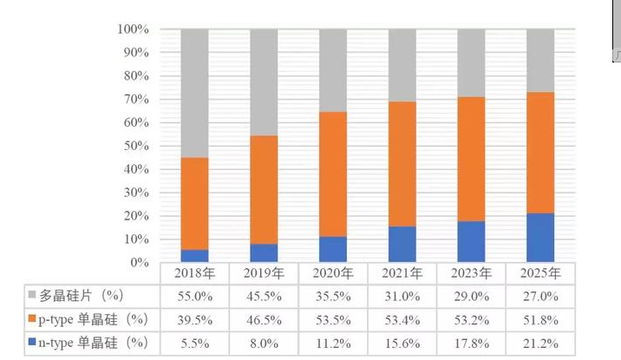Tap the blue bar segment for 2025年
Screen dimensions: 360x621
(540, 238)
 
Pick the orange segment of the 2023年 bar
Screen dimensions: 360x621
(471, 159)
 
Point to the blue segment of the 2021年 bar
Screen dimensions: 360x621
(402, 244)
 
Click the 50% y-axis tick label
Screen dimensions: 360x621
(135, 146)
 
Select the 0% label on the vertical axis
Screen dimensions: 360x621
(140, 263)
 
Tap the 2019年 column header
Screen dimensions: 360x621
(264, 273)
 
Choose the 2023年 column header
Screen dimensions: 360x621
(471, 273)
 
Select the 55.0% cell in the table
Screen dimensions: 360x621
(194, 296)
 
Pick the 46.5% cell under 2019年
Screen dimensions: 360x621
(264, 319)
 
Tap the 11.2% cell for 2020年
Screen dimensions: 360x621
(333, 343)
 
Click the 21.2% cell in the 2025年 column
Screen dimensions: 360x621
(540, 343)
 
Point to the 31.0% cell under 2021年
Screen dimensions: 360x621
(402, 296)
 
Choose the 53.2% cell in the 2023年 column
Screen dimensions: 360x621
(471, 319)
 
